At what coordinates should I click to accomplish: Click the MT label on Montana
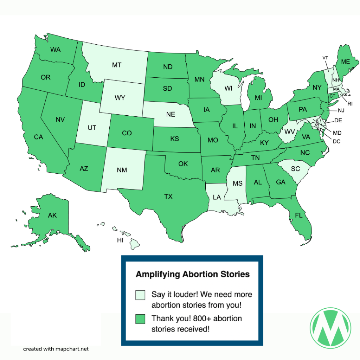point(117,65)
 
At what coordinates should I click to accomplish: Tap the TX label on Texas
point(168,197)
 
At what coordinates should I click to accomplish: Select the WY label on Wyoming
point(120,98)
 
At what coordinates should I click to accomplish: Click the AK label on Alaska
point(52,215)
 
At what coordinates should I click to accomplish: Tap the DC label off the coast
point(337,141)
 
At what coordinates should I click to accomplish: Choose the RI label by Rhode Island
point(350,103)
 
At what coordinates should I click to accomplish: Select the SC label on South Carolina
point(295,169)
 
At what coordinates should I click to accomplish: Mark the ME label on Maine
point(346,62)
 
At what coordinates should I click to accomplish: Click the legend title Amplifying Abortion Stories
point(193,274)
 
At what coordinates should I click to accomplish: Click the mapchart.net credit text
point(56,349)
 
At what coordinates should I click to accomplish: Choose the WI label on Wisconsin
point(229,88)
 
